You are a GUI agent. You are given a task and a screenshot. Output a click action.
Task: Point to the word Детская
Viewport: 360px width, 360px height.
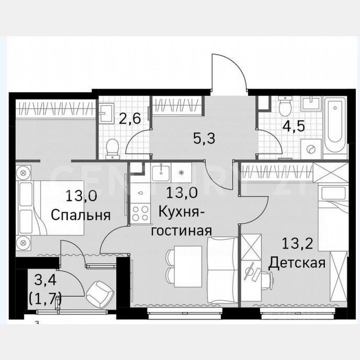click(x=296, y=263)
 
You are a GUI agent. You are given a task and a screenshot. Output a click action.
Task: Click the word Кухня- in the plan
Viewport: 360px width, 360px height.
click(x=182, y=212)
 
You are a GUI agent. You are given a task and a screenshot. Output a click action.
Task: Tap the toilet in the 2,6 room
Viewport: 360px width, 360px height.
click(x=112, y=148)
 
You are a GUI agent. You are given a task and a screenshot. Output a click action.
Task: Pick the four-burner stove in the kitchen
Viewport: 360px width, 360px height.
click(x=141, y=213)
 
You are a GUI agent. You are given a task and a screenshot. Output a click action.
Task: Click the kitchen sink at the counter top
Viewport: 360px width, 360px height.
click(x=160, y=172)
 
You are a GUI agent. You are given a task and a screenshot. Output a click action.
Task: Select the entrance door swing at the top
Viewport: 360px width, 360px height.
click(x=227, y=73)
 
